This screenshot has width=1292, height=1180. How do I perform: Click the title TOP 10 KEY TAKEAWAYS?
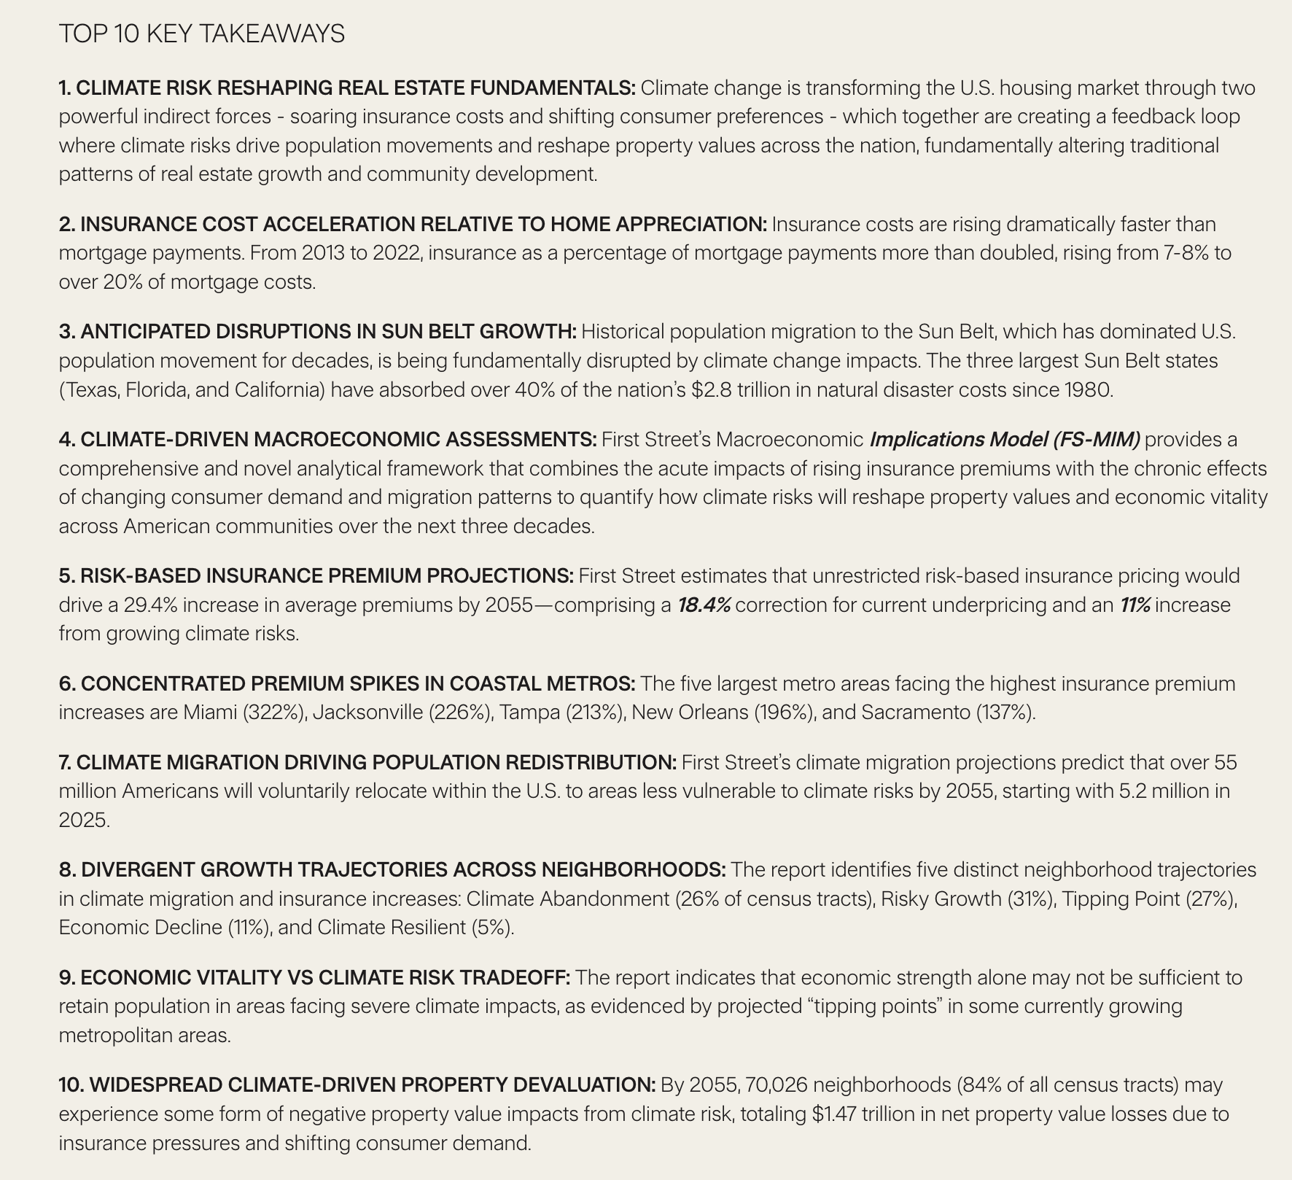tap(201, 34)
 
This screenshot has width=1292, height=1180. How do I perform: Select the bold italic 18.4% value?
tap(704, 605)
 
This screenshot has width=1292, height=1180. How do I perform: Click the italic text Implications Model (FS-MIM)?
tap(1004, 440)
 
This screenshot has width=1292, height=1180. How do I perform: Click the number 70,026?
tap(777, 1085)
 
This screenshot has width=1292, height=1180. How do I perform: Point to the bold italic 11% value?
tap(1135, 605)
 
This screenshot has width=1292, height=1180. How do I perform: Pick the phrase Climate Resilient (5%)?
tap(415, 928)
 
